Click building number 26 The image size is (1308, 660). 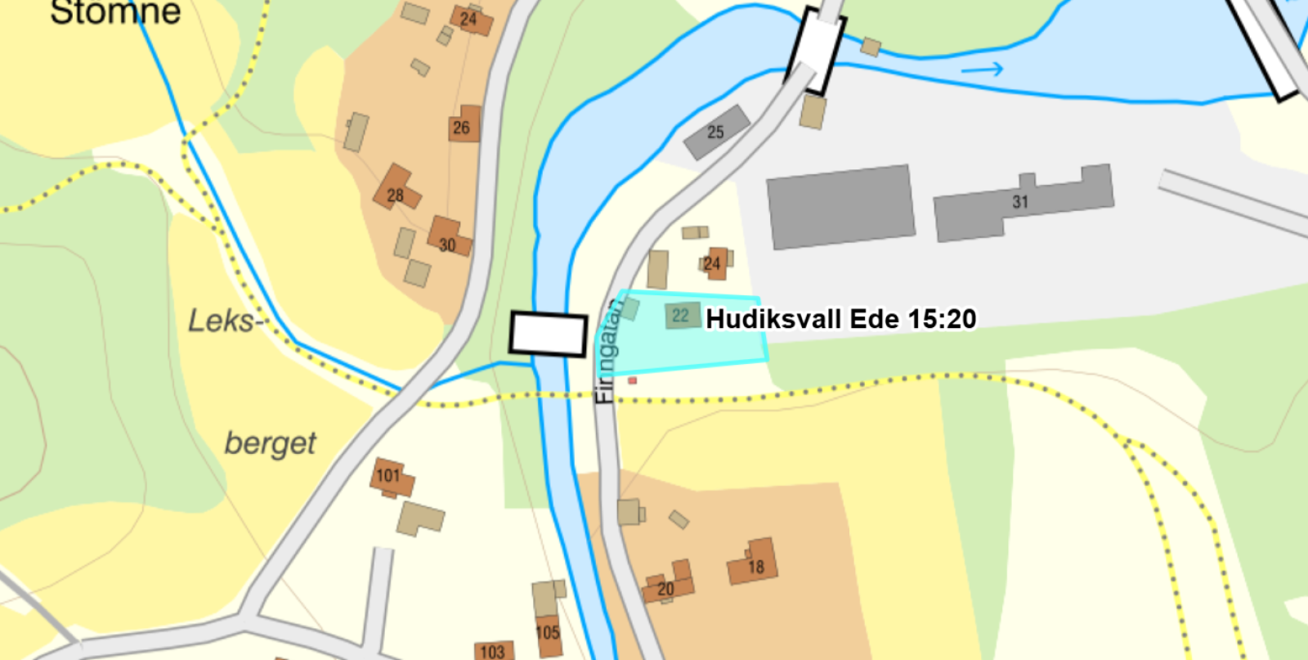[x=464, y=125]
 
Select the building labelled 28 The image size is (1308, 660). [x=396, y=190]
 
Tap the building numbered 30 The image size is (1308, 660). [x=448, y=238]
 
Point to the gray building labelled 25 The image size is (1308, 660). [x=716, y=132]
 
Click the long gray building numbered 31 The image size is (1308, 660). [x=1022, y=202]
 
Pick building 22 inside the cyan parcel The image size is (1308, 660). [x=681, y=316]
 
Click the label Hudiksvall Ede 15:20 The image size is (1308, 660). [x=841, y=318]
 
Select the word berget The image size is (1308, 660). [x=270, y=443]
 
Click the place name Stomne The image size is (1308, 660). [x=115, y=12]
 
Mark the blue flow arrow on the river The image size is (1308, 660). [x=982, y=70]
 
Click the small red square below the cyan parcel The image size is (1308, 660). [x=632, y=380]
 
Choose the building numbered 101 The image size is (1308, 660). [x=390, y=477]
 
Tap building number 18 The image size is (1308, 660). [x=753, y=563]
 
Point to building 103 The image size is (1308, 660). [x=493, y=651]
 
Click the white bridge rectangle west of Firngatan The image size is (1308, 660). [x=549, y=334]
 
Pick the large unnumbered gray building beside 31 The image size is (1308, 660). [x=840, y=207]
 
